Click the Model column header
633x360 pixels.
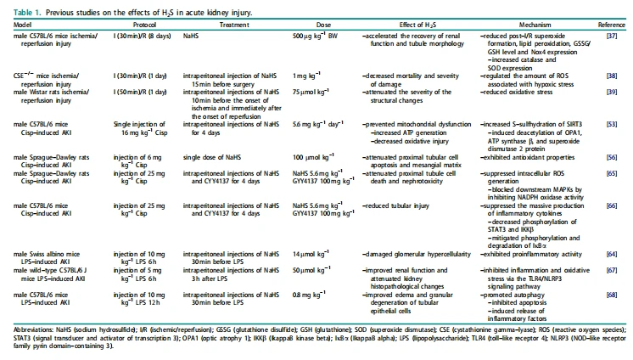(22, 25)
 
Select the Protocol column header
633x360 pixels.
(144, 25)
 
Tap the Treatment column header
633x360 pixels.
(234, 25)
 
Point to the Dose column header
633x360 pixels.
(323, 25)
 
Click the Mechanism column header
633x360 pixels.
(535, 25)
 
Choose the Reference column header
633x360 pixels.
(611, 25)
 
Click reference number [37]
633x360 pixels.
(612, 36)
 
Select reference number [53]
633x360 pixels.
(612, 125)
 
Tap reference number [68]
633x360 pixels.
(612, 295)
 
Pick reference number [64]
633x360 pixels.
(612, 254)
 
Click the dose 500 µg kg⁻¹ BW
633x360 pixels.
(315, 36)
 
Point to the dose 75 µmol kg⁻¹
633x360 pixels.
(311, 92)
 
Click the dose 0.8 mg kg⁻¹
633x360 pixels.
(309, 295)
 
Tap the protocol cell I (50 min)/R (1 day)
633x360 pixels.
(140, 92)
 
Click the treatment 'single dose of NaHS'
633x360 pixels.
(211, 157)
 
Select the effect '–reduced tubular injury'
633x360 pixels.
(395, 205)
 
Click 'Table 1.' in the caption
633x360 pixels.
(27, 13)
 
